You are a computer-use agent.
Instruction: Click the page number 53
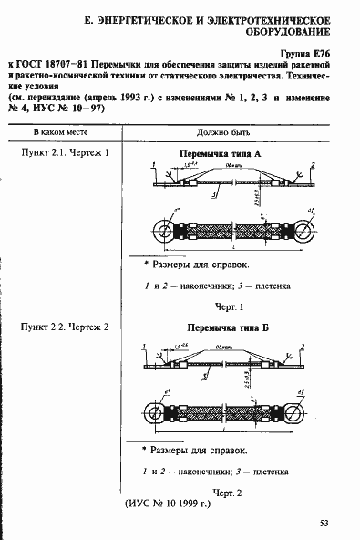[324, 523]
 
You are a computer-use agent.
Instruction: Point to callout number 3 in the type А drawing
[212, 194]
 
